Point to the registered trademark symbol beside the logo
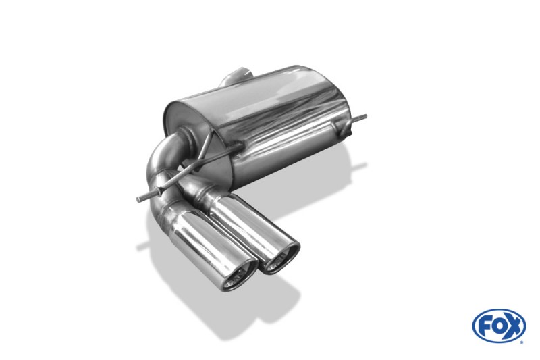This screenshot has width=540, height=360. (x=522, y=342)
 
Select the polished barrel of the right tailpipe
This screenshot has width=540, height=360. (x=248, y=224)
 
